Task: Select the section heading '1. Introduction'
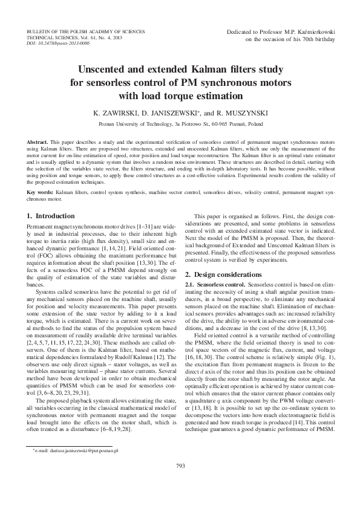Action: pos(51,215)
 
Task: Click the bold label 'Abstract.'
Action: pos(38,141)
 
